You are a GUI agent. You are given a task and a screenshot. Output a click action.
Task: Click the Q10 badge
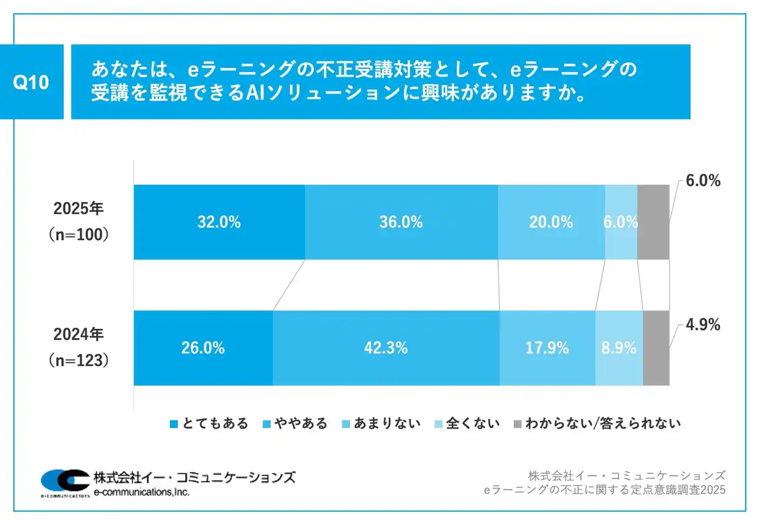[31, 82]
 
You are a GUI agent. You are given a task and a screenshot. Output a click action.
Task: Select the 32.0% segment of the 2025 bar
[219, 222]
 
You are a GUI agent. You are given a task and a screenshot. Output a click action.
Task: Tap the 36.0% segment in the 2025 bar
[401, 222]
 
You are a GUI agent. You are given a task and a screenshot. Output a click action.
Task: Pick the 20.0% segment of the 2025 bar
[551, 222]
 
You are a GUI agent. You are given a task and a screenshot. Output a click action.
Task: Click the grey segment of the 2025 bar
[653, 222]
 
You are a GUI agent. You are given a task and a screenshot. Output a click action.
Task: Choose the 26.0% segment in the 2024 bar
[203, 348]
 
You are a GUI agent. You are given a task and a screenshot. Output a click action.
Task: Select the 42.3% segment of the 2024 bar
[386, 348]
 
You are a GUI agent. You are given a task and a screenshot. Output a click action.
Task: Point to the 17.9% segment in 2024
[547, 348]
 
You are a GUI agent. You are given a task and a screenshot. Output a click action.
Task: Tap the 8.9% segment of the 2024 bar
[619, 348]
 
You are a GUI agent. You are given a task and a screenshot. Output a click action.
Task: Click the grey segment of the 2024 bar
[656, 348]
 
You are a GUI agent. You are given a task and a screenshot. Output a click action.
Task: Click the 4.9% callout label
[703, 325]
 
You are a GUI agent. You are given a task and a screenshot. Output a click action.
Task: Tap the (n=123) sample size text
[78, 360]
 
